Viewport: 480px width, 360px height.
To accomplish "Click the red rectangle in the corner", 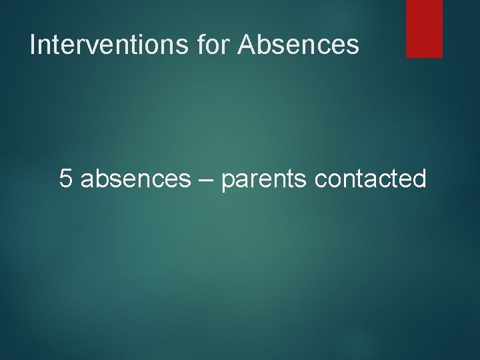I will pyautogui.click(x=424, y=28).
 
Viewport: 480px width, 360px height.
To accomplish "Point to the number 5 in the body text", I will pyautogui.click(x=66, y=179).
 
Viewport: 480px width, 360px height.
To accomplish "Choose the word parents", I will pyautogui.click(x=264, y=180).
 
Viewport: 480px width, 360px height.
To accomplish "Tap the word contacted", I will pyautogui.click(x=370, y=179).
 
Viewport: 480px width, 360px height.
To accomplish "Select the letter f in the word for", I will pyautogui.click(x=202, y=44).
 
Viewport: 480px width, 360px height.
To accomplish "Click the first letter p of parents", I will pyautogui.click(x=228, y=181).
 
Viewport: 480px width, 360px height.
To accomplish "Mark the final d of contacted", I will pyautogui.click(x=419, y=179).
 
